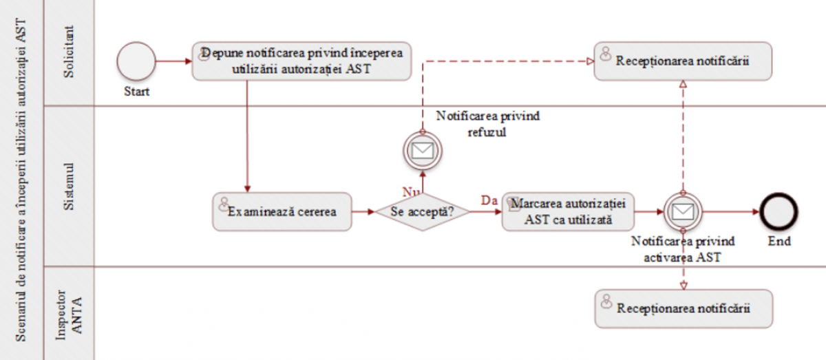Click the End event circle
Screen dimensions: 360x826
click(779, 211)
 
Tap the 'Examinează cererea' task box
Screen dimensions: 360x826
click(282, 211)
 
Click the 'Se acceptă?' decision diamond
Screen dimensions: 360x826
click(422, 211)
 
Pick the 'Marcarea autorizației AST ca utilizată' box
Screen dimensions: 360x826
click(568, 211)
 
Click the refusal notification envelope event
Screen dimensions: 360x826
click(422, 149)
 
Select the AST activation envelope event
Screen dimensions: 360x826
click(683, 211)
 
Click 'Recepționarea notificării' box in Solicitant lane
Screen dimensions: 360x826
click(682, 61)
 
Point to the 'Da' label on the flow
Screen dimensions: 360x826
click(489, 200)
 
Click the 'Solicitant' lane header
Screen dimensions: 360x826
click(69, 53)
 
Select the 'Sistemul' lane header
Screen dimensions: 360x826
click(69, 186)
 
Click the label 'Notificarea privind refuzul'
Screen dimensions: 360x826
click(487, 124)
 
